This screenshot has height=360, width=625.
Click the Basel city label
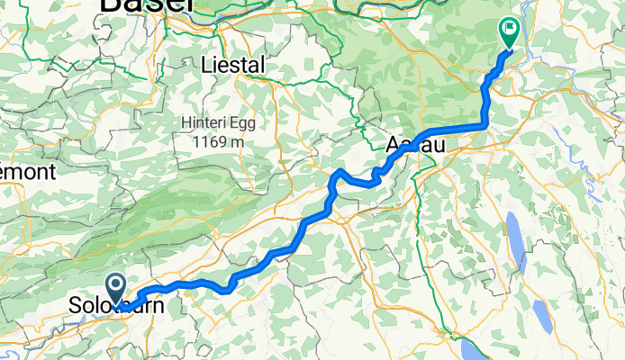pos(147,5)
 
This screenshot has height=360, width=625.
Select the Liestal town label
pos(234,66)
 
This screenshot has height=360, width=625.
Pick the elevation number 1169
pos(211,142)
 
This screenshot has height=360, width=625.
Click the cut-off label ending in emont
pos(27,171)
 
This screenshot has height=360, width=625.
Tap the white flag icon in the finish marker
pos(510,29)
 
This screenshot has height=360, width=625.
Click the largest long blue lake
pos(517,242)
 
